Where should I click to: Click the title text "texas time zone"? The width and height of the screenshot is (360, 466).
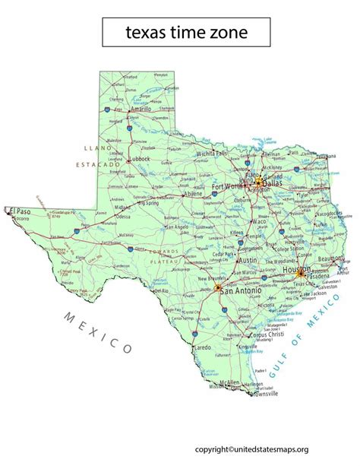pyautogui.click(x=185, y=33)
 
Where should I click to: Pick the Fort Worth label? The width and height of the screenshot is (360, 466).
pyautogui.click(x=229, y=186)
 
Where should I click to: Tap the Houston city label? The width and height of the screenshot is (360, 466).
pyautogui.click(x=295, y=270)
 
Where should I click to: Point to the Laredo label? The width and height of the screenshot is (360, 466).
pyautogui.click(x=202, y=346)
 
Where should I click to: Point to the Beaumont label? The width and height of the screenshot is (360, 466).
pyautogui.click(x=329, y=259)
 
